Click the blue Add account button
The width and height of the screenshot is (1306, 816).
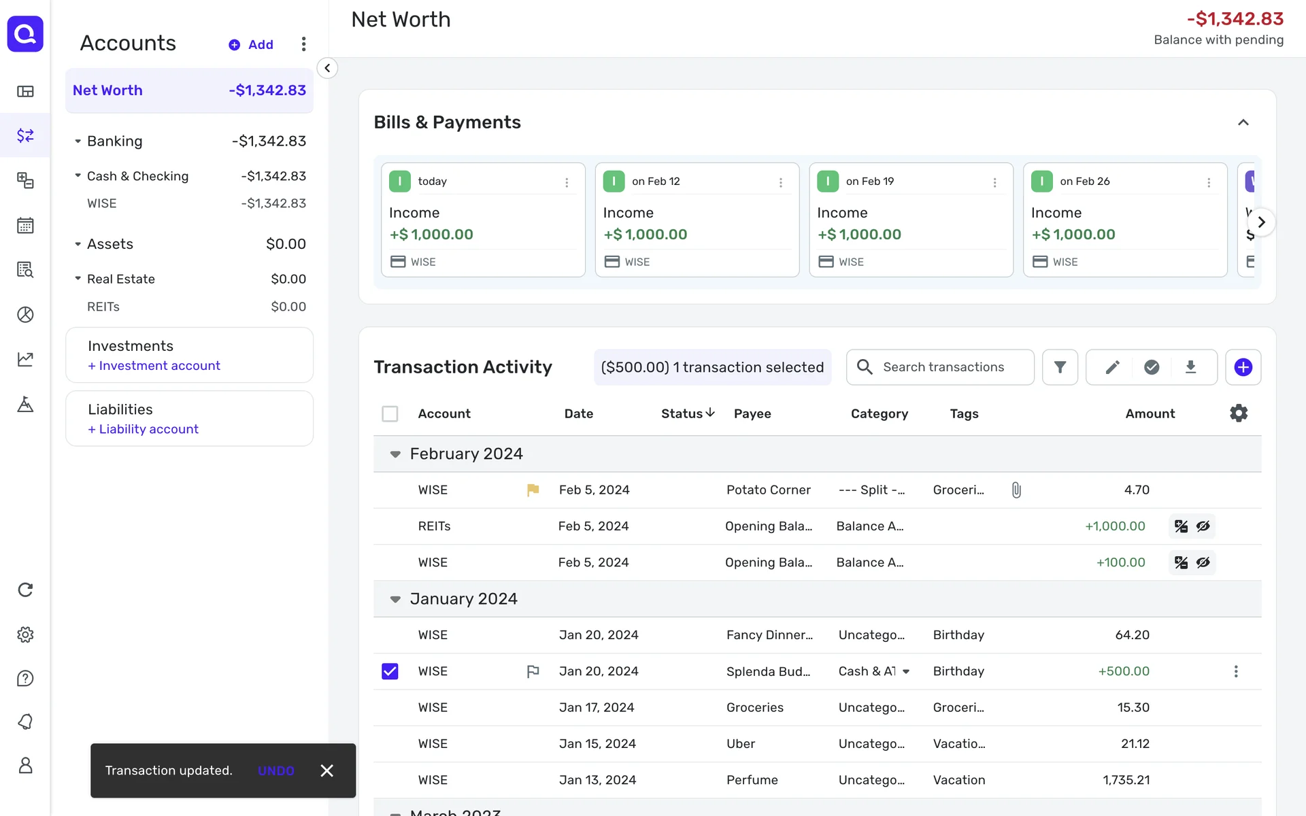click(x=251, y=45)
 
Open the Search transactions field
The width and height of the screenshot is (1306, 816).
click(x=942, y=367)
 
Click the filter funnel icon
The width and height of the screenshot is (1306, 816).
click(x=1060, y=367)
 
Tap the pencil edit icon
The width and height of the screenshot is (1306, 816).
click(x=1112, y=367)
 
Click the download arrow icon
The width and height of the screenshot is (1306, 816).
click(x=1190, y=367)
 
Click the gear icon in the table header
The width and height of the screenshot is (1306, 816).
click(x=1239, y=413)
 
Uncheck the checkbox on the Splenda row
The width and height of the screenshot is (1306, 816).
click(x=390, y=671)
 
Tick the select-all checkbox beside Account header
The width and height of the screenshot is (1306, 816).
click(x=390, y=413)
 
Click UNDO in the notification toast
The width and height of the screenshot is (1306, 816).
click(x=275, y=770)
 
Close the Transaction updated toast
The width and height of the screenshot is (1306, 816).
click(x=327, y=770)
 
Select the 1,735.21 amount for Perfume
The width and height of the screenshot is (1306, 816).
click(x=1126, y=780)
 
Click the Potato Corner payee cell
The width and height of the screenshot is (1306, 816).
click(x=768, y=490)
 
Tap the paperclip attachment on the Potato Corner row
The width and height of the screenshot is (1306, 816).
click(x=1016, y=490)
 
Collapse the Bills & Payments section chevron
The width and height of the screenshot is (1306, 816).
click(x=1243, y=122)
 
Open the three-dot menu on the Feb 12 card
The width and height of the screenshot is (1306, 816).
click(x=780, y=182)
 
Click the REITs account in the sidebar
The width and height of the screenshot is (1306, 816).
click(x=103, y=307)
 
